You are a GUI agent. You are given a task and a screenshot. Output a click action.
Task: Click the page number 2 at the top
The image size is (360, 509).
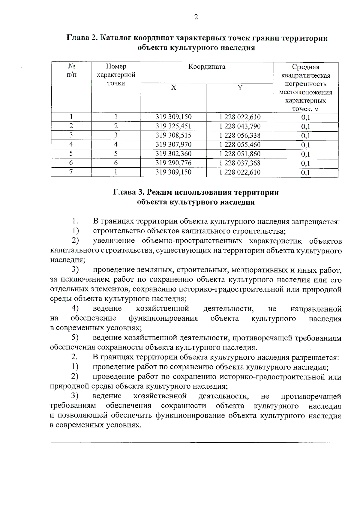tap(196, 17)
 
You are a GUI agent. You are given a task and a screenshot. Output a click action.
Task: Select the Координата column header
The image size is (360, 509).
tap(207, 67)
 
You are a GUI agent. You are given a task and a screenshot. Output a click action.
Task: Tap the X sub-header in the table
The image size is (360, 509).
tap(174, 88)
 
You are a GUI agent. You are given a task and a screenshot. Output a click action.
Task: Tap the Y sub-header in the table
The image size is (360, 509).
tap(240, 88)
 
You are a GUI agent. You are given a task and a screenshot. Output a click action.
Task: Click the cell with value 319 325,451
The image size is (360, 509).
tap(173, 126)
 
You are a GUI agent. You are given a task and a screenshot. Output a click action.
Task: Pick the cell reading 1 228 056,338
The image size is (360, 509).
tap(240, 136)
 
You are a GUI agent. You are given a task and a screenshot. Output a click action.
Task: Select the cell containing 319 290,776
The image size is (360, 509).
tap(173, 163)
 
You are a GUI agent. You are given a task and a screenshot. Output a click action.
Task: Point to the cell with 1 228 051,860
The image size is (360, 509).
tap(240, 154)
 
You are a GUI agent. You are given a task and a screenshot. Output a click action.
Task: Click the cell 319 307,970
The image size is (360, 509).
tap(173, 145)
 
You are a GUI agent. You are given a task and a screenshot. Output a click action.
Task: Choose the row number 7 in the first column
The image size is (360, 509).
tap(71, 172)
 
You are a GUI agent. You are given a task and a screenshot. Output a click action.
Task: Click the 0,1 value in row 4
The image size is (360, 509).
tap(305, 145)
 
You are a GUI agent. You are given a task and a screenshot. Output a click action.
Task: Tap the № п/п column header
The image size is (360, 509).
tap(71, 70)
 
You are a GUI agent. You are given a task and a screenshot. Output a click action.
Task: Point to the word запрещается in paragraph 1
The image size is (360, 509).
tap(315, 222)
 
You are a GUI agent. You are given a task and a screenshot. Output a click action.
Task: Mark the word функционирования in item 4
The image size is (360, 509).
tap(163, 318)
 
